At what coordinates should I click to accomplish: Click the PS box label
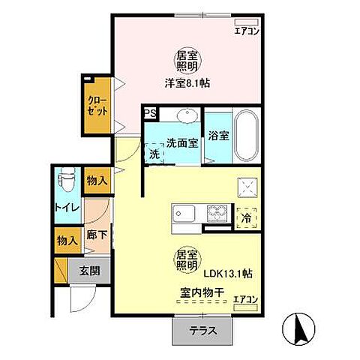coord(150,115)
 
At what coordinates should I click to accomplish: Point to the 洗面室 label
coord(181,142)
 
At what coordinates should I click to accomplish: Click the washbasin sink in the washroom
coord(185,115)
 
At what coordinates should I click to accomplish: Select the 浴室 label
coord(219,137)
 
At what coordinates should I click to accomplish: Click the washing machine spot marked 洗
coord(153,154)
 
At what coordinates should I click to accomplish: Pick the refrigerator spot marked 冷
coord(246,218)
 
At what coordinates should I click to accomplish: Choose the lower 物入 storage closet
coord(67,240)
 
